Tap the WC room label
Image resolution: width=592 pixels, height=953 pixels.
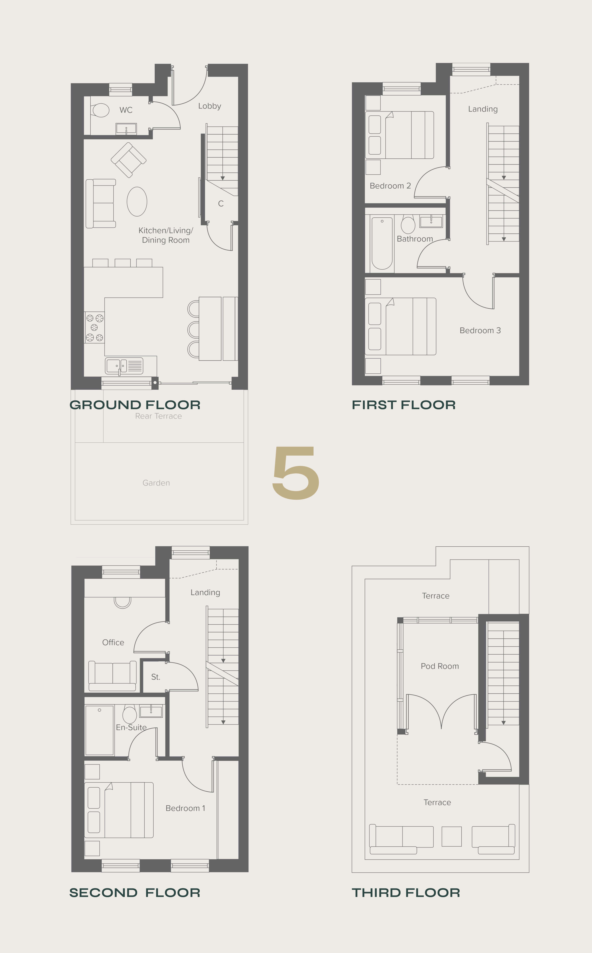point(126,110)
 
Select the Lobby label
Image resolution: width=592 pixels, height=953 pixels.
point(209,106)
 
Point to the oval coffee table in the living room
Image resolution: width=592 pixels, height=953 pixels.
point(137,202)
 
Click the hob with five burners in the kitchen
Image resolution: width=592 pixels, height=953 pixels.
point(94,327)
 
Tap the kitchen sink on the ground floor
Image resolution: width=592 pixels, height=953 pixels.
point(124,366)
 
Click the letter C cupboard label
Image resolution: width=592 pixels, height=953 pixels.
point(221,204)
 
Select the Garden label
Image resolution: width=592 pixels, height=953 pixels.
point(156,483)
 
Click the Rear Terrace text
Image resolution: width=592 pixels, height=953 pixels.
point(159,416)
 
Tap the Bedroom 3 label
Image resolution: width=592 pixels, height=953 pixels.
point(480,330)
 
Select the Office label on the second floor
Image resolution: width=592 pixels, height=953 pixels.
point(113,642)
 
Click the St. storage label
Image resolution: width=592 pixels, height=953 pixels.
point(156,677)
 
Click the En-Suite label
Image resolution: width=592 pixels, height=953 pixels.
point(131,727)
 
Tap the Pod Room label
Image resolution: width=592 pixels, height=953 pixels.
point(440,666)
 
